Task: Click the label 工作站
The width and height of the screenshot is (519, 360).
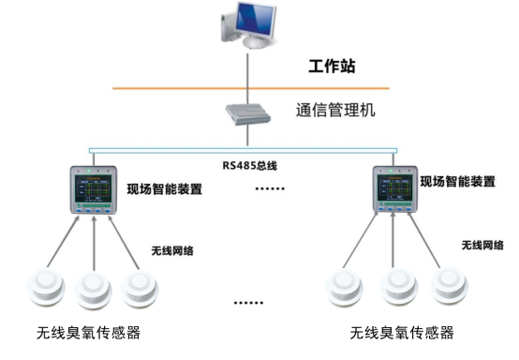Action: pos(333,67)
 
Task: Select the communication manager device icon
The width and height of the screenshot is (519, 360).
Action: pos(246,114)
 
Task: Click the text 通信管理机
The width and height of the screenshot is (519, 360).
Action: pos(335,110)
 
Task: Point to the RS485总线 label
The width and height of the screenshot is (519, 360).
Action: pos(248,166)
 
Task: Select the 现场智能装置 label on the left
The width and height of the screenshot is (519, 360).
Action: pos(165,187)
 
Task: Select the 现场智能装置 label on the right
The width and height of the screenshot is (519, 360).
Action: pos(457,181)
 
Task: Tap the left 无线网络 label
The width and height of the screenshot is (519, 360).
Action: pos(173,251)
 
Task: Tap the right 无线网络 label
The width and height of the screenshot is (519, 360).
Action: pos(482,245)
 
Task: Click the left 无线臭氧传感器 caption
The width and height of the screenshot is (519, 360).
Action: pos(89,333)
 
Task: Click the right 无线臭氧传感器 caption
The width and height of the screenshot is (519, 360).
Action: pos(402,333)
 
